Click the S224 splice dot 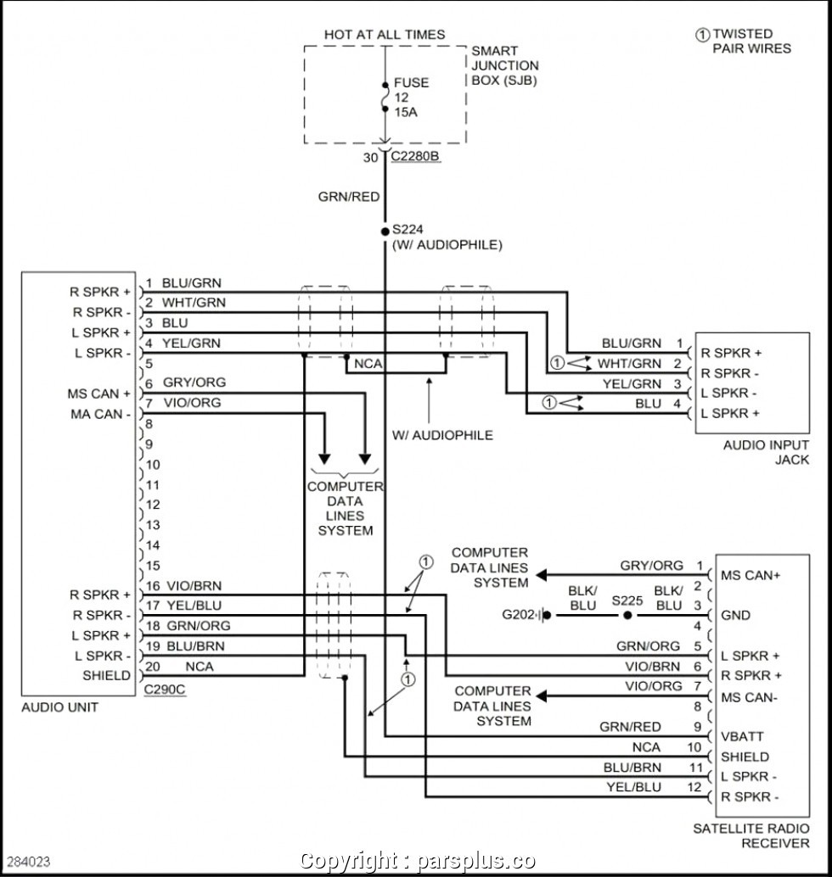pos(385,231)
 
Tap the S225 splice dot pos(627,615)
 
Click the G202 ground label pos(518,615)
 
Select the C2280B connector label pos(415,156)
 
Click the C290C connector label pos(164,689)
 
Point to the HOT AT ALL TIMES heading pos(385,35)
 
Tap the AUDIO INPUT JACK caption pos(766,452)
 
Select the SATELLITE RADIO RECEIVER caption pos(751,835)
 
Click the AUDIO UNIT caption pos(60,707)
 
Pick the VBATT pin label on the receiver pos(742,736)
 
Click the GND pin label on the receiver pos(736,615)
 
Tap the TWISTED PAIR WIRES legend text pos(752,42)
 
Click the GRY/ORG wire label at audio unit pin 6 pos(194,383)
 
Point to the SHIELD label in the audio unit pos(106,676)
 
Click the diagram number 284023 pos(29,862)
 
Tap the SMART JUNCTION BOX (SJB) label pos(505,65)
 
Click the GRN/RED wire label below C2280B pos(349,197)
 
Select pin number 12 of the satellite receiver pos(694,787)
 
